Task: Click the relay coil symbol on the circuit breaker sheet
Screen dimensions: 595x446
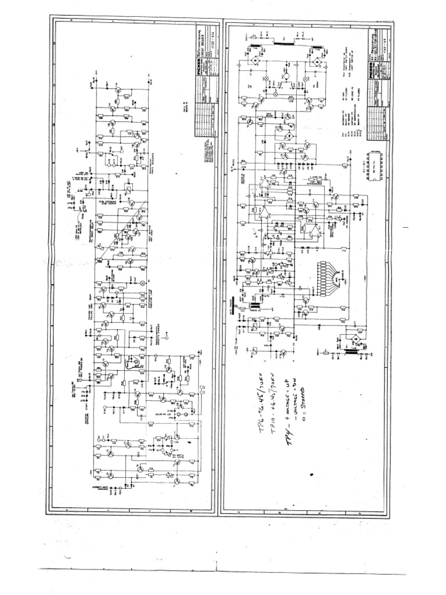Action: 127,188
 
